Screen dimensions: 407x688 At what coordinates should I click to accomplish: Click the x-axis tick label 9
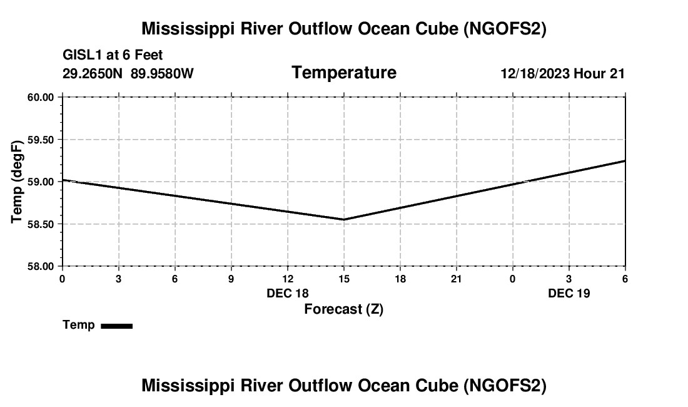231,279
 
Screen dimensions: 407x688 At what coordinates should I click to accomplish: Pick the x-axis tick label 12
287,279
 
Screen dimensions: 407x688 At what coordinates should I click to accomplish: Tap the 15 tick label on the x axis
343,279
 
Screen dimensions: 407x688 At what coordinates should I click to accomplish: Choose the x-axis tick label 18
400,279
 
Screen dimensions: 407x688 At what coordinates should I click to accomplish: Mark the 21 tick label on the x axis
456,279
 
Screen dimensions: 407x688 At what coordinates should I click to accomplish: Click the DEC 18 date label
287,293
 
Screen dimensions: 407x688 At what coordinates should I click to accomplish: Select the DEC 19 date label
569,293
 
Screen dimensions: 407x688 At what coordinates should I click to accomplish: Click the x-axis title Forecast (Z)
343,309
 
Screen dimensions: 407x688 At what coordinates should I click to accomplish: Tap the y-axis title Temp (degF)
18,182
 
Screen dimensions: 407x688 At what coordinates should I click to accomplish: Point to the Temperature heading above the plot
343,73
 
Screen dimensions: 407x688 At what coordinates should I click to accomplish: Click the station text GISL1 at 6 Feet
113,56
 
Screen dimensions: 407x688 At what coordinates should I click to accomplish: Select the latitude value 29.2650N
93,74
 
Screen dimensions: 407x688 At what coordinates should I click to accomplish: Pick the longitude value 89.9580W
162,74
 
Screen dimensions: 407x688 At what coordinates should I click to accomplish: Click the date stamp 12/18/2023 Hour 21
562,74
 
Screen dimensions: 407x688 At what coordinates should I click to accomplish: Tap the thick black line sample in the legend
116,326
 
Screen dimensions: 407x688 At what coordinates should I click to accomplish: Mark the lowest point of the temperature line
343,219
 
